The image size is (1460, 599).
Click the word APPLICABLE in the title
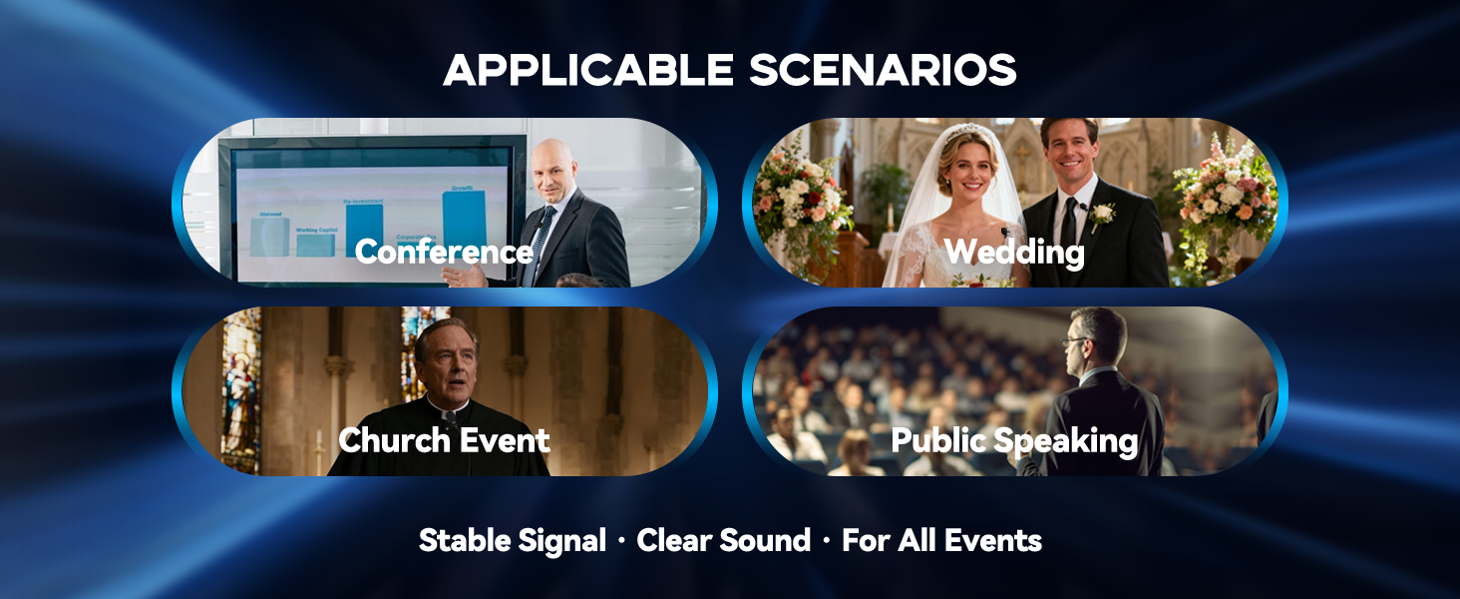[587, 70]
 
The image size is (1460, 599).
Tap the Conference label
[444, 252]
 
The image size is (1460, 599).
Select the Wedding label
[1014, 252]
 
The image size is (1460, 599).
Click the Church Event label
[444, 440]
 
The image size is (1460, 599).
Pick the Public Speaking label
[1014, 440]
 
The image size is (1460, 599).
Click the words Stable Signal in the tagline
[512, 541]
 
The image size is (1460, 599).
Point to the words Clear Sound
[723, 541]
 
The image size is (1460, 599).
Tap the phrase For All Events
[941, 541]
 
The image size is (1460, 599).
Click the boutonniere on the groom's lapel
[1102, 214]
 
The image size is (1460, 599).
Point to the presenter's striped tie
[540, 245]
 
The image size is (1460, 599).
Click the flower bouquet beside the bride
[803, 200]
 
